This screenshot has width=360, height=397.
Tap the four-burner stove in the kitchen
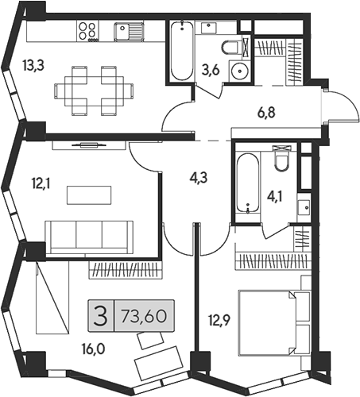[89, 32]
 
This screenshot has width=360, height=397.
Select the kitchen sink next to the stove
[127, 32]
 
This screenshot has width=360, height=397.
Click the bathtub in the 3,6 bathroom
[180, 52]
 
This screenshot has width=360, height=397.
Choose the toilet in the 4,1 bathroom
[280, 161]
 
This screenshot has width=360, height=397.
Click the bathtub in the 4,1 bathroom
[248, 183]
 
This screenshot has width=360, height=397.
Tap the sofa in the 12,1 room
[88, 236]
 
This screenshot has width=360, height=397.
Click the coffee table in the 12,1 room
[89, 195]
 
